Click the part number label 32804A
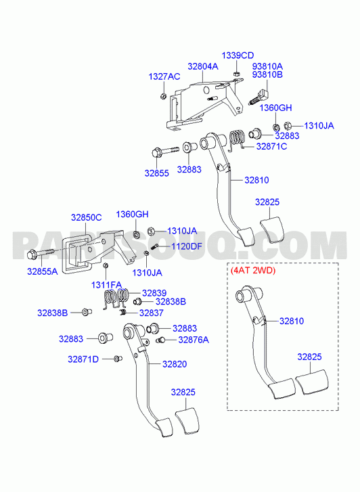point(203,66)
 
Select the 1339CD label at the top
point(238,55)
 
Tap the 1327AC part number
point(164,76)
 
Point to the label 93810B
point(267,74)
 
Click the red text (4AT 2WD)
point(253,271)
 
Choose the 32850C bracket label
point(87,217)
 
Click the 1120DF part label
point(187,246)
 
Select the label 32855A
point(43,271)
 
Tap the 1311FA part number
point(106,285)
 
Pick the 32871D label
point(83,359)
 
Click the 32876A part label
point(194,340)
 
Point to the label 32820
point(175,364)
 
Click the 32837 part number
point(152,313)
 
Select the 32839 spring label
point(154,293)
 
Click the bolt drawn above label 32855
point(165,152)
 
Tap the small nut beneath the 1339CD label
point(237,74)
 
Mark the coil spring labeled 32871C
point(237,140)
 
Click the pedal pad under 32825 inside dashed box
point(313,382)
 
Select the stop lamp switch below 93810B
point(258,97)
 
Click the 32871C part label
point(271,147)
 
